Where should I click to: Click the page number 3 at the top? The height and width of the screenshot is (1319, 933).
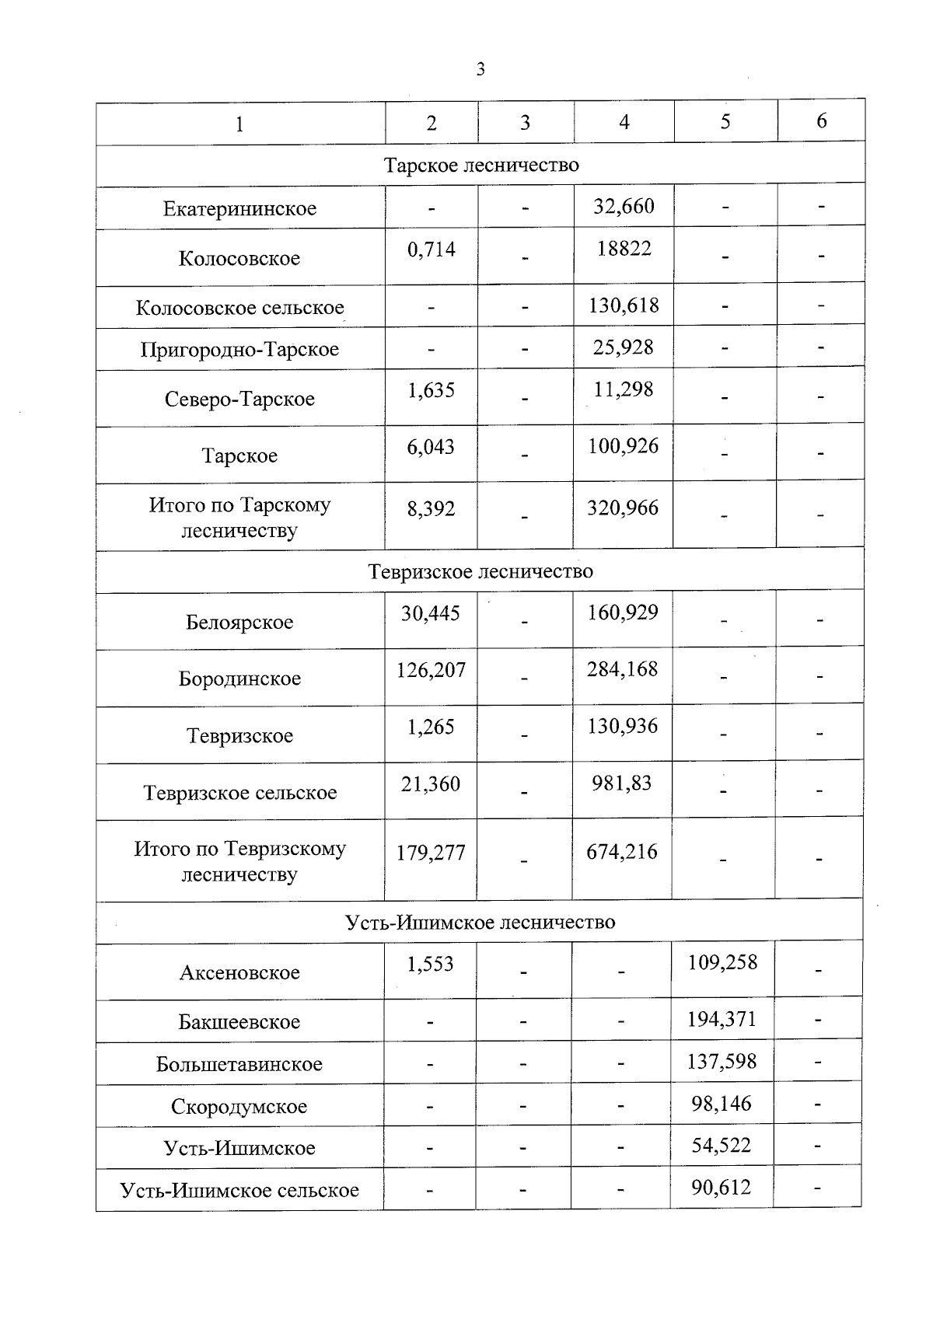click(x=480, y=70)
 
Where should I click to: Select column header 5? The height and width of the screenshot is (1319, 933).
click(x=725, y=122)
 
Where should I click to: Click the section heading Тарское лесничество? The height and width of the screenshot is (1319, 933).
click(x=481, y=166)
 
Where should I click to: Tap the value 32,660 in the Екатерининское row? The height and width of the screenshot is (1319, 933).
click(x=624, y=207)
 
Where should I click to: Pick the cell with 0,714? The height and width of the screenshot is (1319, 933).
click(x=431, y=249)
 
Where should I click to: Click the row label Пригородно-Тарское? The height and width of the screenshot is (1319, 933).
click(x=239, y=349)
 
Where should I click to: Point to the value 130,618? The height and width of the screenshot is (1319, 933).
click(x=624, y=305)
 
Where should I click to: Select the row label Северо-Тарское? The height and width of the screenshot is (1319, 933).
click(x=239, y=399)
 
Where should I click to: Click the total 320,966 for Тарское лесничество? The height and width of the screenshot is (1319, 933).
click(x=623, y=508)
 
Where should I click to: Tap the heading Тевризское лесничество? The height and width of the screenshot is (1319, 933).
click(x=480, y=571)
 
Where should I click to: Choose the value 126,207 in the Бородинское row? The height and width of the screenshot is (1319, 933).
click(x=431, y=670)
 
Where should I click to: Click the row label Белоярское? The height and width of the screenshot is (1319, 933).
click(x=239, y=622)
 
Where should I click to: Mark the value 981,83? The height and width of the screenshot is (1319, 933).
click(x=621, y=783)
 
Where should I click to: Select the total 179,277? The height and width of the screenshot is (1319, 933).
click(x=431, y=853)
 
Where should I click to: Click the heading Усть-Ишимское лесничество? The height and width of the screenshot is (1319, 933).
click(x=480, y=923)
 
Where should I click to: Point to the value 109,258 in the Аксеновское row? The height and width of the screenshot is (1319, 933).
click(x=722, y=963)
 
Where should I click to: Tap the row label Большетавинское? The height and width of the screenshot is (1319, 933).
click(x=239, y=1064)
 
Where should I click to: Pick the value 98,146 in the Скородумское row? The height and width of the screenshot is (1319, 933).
click(x=722, y=1104)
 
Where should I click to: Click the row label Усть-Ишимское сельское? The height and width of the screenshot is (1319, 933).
click(x=239, y=1190)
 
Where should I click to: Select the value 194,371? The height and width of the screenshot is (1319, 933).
click(x=722, y=1019)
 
